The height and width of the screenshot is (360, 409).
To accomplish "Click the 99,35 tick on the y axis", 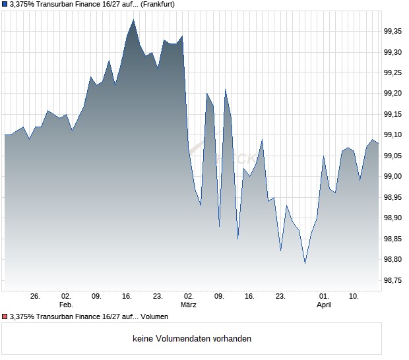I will (394, 31).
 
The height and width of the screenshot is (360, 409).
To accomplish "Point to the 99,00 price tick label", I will (394, 176).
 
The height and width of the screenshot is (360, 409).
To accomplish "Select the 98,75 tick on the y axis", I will (394, 281).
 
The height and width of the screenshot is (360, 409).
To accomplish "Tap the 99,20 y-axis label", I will (394, 94).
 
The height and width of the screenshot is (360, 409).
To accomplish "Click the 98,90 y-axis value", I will (394, 218).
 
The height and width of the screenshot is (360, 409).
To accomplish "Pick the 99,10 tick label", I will (394, 135).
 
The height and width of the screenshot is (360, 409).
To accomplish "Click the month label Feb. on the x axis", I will (65, 305).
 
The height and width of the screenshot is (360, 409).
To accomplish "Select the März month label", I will (189, 305).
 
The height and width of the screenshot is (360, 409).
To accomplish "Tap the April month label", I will (324, 305).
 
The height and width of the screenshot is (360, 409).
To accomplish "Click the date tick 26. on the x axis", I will (35, 297).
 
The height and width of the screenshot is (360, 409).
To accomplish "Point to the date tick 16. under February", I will (127, 297).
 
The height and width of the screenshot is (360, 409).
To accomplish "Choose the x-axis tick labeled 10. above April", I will (354, 297).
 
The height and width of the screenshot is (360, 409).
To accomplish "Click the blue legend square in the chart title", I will (5, 5).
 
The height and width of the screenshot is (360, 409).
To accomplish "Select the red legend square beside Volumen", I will (5, 316).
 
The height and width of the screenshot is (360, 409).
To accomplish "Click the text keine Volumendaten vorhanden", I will (192, 339).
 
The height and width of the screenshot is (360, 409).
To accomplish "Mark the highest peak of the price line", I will (133, 20).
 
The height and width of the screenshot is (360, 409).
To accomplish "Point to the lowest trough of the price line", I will (305, 263).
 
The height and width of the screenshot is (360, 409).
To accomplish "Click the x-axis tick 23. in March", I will (280, 297).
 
